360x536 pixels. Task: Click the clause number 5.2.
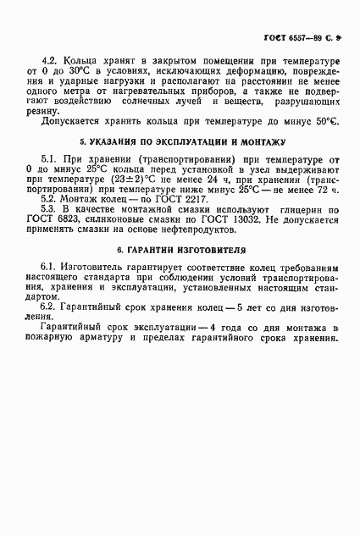tap(50, 196)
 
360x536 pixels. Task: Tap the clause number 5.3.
tap(50, 207)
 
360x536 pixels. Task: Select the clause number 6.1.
tap(50, 267)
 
